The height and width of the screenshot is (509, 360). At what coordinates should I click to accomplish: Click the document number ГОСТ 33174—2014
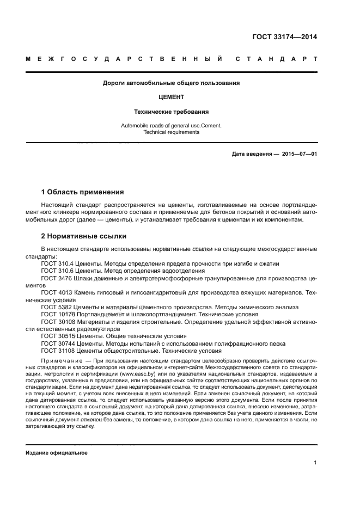284,38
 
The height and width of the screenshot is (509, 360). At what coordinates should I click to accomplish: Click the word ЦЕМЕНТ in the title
172,97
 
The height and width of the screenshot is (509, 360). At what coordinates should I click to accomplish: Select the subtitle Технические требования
172,112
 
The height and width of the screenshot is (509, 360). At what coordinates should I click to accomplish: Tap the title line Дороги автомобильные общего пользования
172,83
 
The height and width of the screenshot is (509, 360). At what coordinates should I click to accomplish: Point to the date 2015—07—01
299,154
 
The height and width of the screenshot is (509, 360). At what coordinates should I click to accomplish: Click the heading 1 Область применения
83,192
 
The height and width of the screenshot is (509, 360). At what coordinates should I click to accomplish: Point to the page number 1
315,463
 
